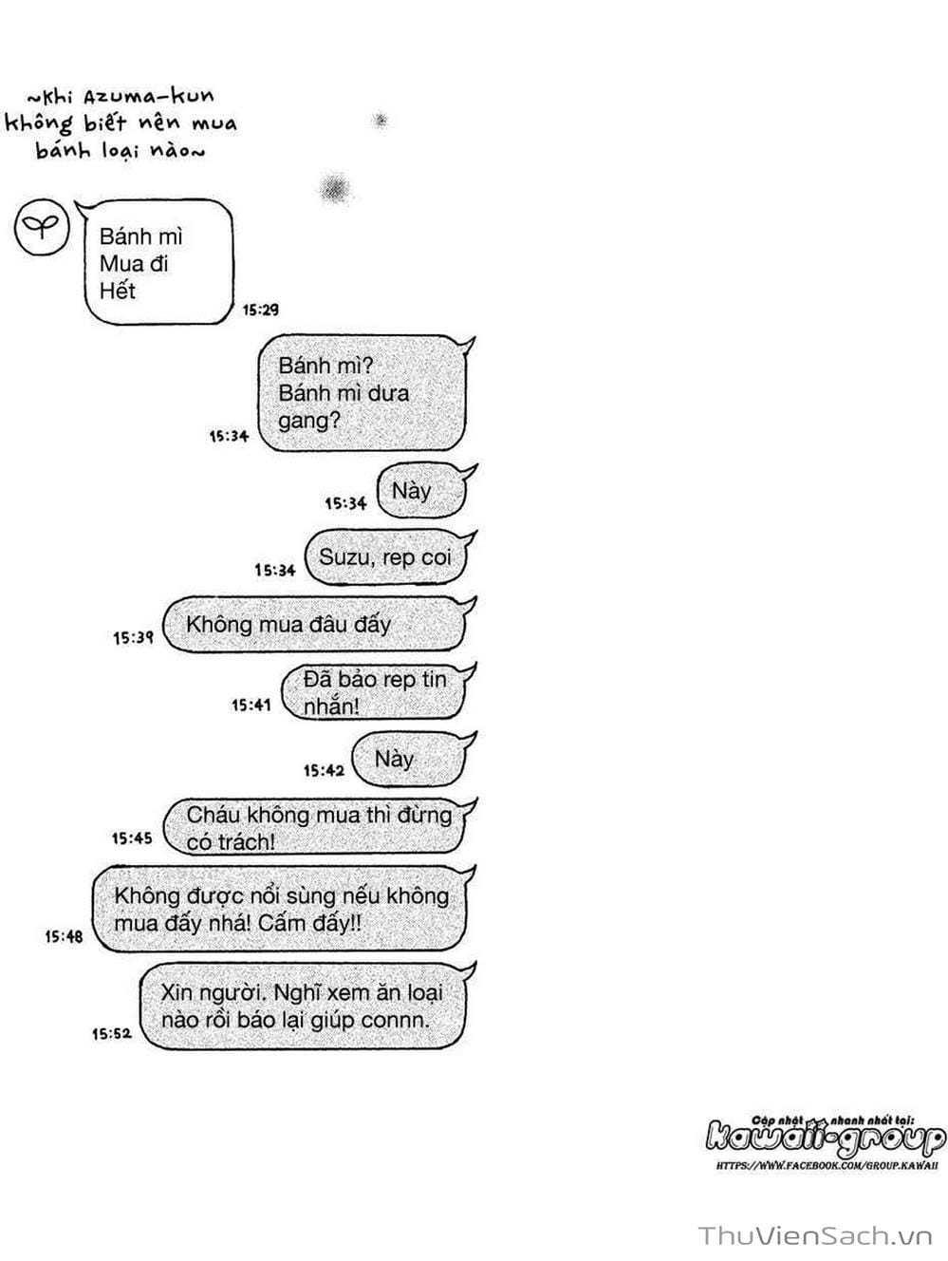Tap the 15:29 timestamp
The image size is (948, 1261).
260,310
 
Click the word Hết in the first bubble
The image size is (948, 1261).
118,291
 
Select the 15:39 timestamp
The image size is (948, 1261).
133,637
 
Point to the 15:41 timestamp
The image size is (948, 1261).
251,705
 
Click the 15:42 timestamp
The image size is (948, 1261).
324,770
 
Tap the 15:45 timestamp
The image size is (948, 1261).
132,838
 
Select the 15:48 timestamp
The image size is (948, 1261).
64,936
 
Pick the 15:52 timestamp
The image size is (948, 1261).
112,1033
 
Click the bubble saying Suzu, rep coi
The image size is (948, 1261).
385,557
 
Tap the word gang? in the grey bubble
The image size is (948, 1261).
308,420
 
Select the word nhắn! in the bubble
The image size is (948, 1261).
331,706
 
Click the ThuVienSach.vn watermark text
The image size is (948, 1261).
816,1235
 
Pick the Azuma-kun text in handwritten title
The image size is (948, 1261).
160,96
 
